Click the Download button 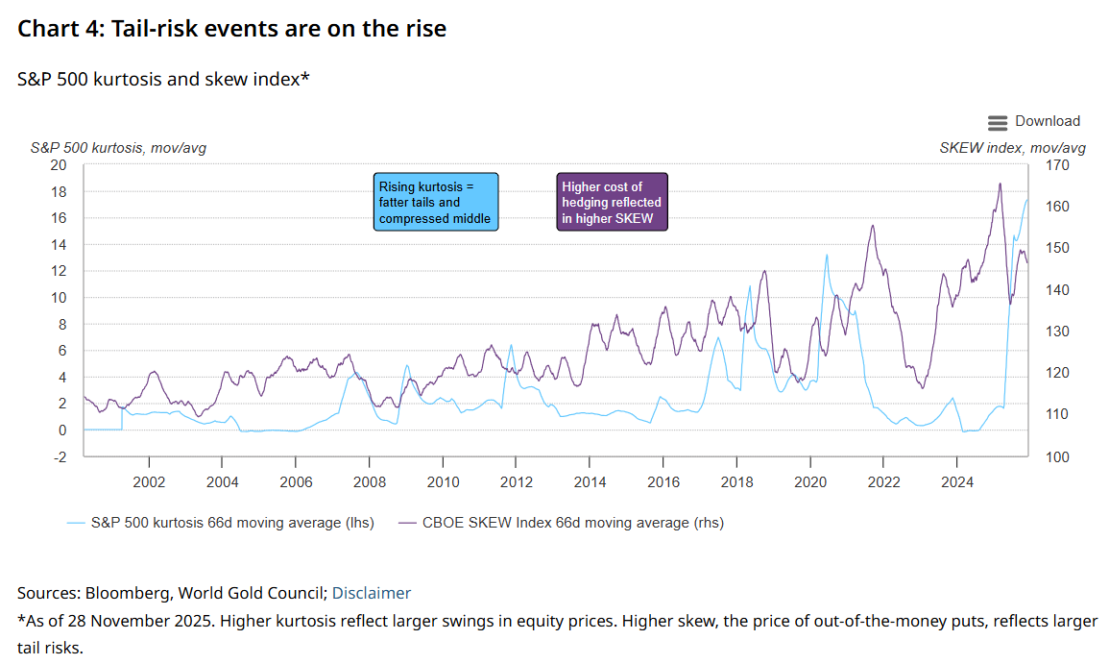click(x=1034, y=122)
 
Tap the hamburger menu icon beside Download click(x=998, y=123)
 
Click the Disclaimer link click(x=372, y=593)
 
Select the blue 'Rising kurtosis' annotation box click(x=436, y=202)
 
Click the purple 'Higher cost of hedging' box click(x=612, y=202)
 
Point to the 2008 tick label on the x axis click(x=370, y=482)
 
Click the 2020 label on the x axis click(x=809, y=482)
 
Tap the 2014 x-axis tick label click(x=590, y=482)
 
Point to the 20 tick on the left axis click(x=58, y=165)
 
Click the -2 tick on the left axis click(x=60, y=456)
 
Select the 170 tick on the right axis click(x=1057, y=165)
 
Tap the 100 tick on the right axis click(x=1057, y=456)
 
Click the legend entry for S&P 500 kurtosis click(x=221, y=523)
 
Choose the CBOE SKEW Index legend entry click(x=561, y=523)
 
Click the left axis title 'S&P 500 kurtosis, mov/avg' click(x=118, y=148)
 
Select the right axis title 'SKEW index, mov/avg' click(x=1012, y=148)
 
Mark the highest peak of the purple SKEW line click(x=1001, y=184)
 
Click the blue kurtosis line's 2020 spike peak click(x=827, y=255)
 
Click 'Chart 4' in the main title click(x=60, y=28)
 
